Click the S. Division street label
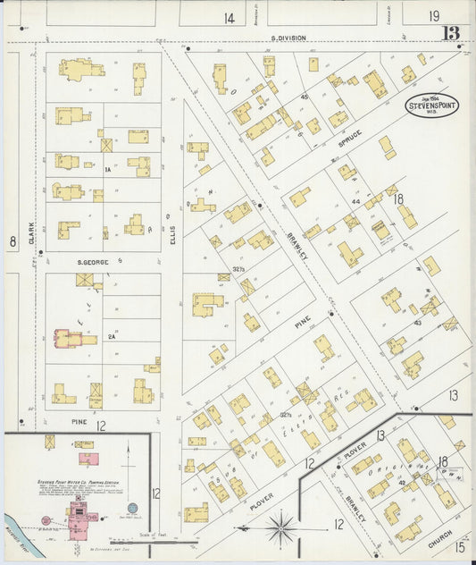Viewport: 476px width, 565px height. tap(288, 38)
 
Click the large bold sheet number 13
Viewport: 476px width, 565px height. tap(451, 34)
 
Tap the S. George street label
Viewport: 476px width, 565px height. tap(92, 261)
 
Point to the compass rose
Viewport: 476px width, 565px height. tap(281, 527)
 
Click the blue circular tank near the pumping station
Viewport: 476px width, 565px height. tap(132, 508)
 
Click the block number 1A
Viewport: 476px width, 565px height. tap(106, 168)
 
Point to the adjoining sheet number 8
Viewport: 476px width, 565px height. tap(13, 241)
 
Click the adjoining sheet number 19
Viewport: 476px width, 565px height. tap(433, 16)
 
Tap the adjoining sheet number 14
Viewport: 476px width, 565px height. tap(230, 18)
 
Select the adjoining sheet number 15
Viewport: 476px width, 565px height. tap(460, 546)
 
